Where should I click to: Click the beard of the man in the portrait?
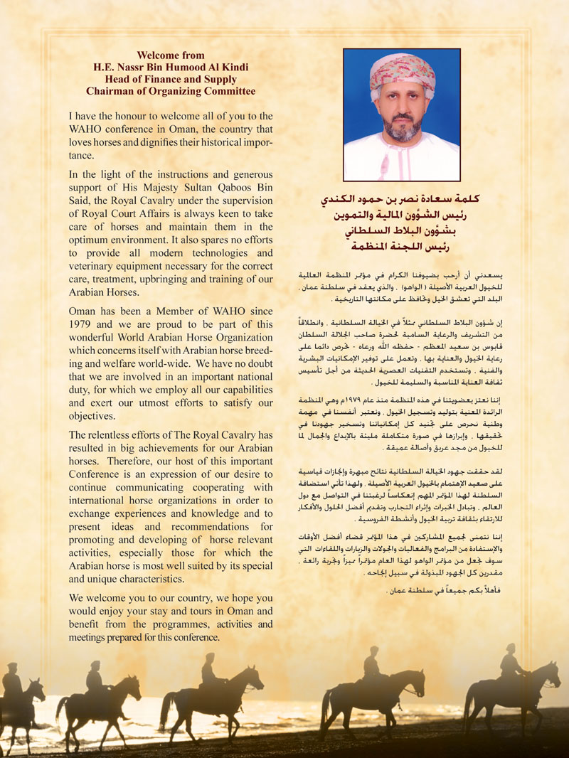pos(394,128)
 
